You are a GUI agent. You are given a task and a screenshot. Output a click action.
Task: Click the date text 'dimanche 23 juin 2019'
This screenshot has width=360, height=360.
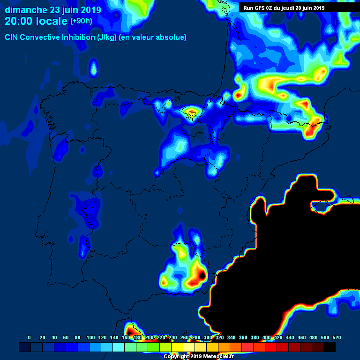53,10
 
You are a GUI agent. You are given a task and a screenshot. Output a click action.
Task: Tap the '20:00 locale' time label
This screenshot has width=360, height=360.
36,21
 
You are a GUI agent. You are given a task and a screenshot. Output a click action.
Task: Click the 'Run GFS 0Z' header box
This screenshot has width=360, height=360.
284,7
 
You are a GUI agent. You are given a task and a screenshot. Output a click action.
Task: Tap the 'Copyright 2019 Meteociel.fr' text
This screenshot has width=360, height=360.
199,356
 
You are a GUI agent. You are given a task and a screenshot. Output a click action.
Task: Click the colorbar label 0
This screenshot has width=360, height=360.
30,337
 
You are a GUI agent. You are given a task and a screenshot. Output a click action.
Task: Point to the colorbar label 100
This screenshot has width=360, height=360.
90,337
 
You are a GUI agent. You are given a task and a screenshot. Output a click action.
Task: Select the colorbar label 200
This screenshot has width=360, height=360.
149,337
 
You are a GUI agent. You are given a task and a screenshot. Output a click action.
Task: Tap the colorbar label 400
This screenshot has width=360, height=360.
266,337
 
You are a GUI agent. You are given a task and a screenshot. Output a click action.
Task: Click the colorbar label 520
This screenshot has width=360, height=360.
337,337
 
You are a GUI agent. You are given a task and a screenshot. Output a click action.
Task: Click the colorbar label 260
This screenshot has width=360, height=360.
184,337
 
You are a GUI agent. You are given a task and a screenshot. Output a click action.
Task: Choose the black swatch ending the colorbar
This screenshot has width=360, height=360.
330,347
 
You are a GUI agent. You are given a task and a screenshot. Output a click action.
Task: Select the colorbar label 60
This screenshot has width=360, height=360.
66,337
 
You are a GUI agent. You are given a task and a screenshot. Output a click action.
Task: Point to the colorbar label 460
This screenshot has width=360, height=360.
301,337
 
